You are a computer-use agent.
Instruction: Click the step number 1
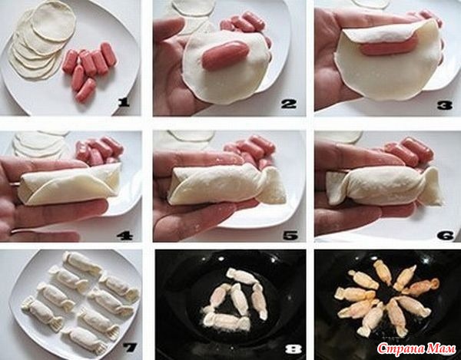click(124, 103)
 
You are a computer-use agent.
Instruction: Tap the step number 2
click(289, 104)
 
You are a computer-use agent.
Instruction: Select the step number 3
click(445, 105)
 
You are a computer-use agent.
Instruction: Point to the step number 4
click(125, 236)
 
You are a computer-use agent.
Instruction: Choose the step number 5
click(290, 236)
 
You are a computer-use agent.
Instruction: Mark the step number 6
click(446, 236)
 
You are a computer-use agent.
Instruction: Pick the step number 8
click(294, 349)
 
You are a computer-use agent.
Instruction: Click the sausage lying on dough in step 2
click(225, 55)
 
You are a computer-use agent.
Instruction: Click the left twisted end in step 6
click(336, 187)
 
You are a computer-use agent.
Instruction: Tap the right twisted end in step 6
click(432, 186)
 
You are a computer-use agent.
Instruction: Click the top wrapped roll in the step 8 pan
click(242, 276)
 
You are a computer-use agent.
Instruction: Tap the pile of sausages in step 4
click(99, 150)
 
